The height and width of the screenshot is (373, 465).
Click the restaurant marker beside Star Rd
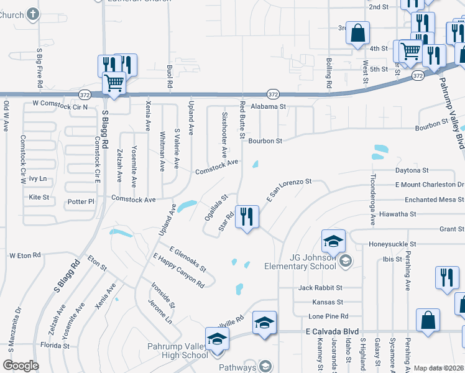tap(247, 217)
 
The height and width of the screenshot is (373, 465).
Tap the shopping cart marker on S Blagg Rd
tap(114, 83)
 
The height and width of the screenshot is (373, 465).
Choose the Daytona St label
tap(412, 170)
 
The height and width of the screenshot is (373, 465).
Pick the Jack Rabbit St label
tap(320, 288)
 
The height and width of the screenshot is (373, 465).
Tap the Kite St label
tap(39, 197)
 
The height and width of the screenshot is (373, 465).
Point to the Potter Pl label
tap(81, 201)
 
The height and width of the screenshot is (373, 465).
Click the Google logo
tap(21, 366)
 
